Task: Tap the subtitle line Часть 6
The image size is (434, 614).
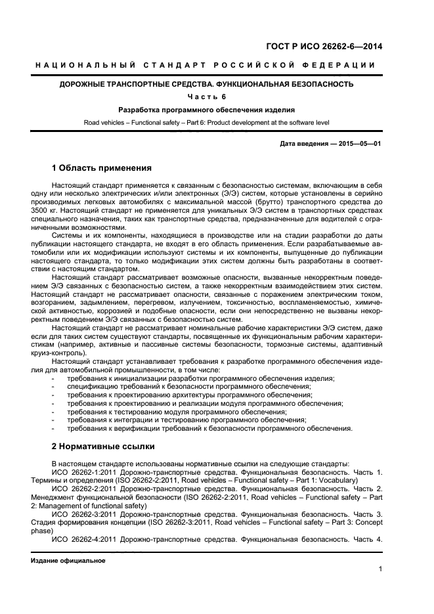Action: point(207,97)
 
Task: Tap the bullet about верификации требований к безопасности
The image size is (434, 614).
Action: point(209,428)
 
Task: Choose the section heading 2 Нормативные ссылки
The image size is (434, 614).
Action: point(103,447)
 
